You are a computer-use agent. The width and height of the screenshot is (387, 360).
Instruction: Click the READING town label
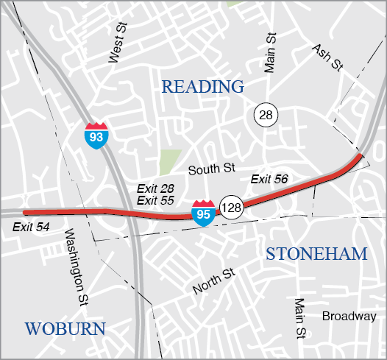coord(202,87)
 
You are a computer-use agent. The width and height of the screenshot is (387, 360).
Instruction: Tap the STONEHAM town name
coord(316,255)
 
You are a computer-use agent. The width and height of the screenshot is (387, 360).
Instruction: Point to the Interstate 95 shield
coord(204,212)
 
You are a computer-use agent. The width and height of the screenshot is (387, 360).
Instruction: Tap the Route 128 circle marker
coord(231,208)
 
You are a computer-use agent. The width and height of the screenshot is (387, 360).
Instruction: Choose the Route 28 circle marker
coord(266,114)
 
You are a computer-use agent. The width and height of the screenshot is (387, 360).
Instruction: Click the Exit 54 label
coord(32,227)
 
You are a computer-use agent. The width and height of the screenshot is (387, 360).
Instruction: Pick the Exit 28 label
coord(155,189)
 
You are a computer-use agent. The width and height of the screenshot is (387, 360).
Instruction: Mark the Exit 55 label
coord(155,200)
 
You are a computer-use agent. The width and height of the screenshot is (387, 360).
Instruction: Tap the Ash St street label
coord(327,57)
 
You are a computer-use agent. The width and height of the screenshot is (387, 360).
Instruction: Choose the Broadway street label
coord(349,317)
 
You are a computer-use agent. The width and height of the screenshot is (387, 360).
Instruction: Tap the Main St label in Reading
coord(270,53)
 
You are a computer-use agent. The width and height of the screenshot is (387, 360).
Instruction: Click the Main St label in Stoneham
coord(299,319)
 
